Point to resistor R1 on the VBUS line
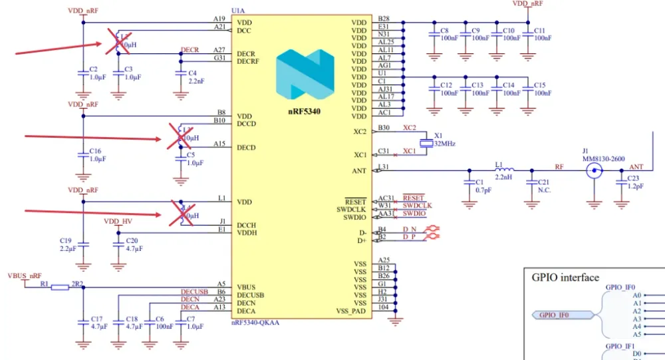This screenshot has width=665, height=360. click(x=61, y=287)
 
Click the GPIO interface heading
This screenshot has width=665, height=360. click(x=565, y=277)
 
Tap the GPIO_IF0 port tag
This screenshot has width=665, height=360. click(x=557, y=314)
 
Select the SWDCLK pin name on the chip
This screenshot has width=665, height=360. click(x=351, y=209)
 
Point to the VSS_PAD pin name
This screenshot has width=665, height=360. click(x=351, y=311)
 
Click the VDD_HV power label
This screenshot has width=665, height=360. click(x=118, y=222)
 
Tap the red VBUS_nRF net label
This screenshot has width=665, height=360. click(x=25, y=275)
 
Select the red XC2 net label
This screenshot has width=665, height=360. click(x=409, y=127)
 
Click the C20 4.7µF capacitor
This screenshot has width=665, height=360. click(x=119, y=246)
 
